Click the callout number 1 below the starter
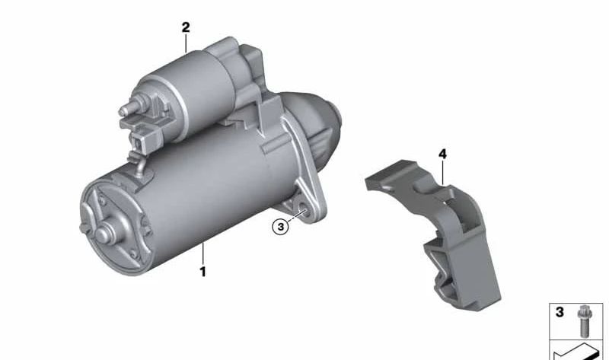pos(202,272)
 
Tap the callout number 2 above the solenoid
pos(186,27)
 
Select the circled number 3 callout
pos(280,227)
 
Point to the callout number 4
pos(442,155)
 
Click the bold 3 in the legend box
pos(560,312)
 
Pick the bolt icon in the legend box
pos(582,321)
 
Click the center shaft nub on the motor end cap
pos(104,234)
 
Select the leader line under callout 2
pos(186,43)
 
